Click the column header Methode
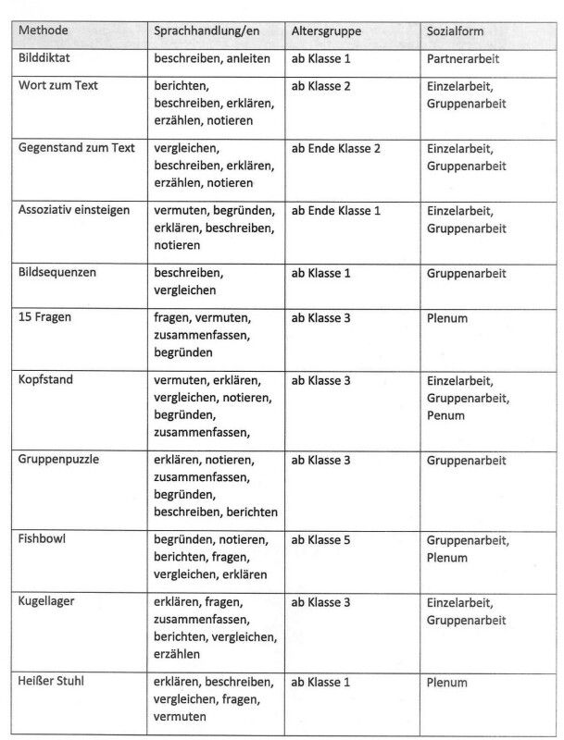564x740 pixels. [x=44, y=31]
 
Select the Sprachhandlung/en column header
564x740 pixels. [x=207, y=31]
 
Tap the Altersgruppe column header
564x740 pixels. [x=326, y=31]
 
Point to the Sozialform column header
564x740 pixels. [x=456, y=31]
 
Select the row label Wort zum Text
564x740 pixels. [x=58, y=85]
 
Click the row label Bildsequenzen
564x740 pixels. [x=57, y=273]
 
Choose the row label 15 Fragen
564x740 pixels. [x=45, y=317]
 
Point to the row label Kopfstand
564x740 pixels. [x=46, y=380]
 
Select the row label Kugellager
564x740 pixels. [x=46, y=602]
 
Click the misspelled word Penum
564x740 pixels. [x=445, y=415]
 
